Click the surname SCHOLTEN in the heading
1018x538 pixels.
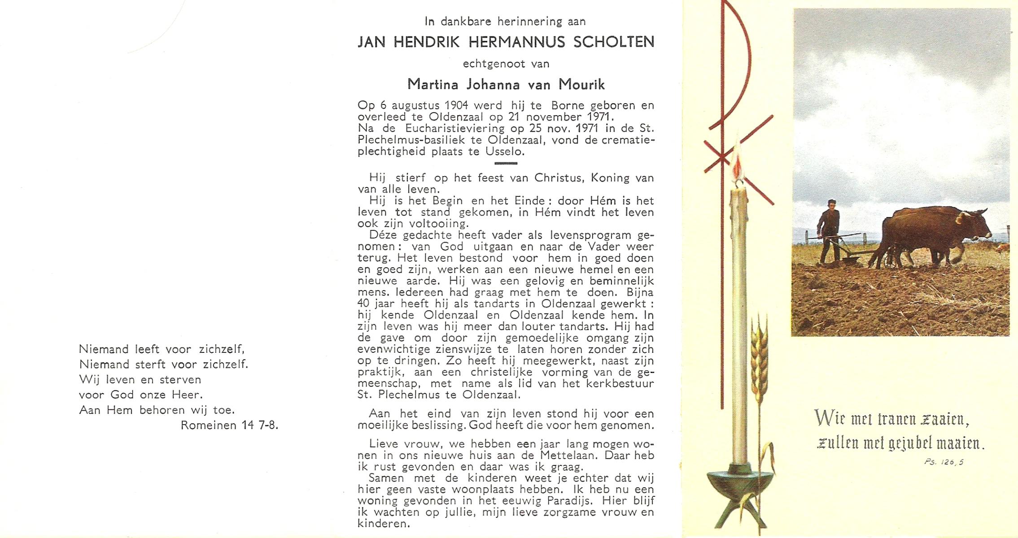[614, 42]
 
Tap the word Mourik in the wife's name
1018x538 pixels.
[581, 84]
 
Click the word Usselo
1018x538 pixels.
[504, 152]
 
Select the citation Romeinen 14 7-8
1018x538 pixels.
[229, 425]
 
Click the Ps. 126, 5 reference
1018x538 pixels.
[944, 462]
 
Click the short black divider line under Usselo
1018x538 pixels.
[506, 164]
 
